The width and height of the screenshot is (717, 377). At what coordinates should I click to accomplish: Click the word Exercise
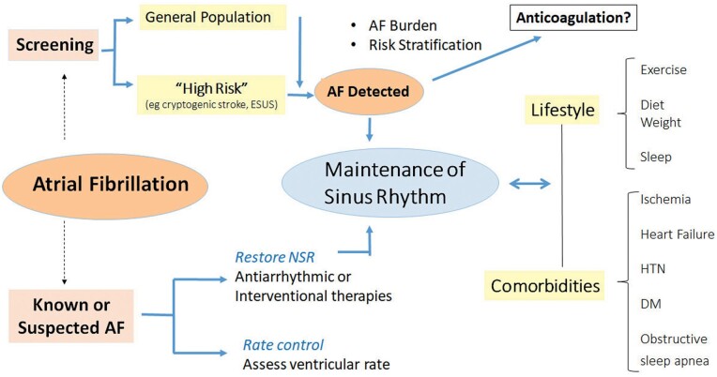click(664, 69)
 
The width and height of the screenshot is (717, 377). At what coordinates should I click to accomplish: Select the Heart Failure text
click(677, 234)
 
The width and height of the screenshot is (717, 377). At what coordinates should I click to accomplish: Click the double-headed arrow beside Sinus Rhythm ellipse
click(530, 184)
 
